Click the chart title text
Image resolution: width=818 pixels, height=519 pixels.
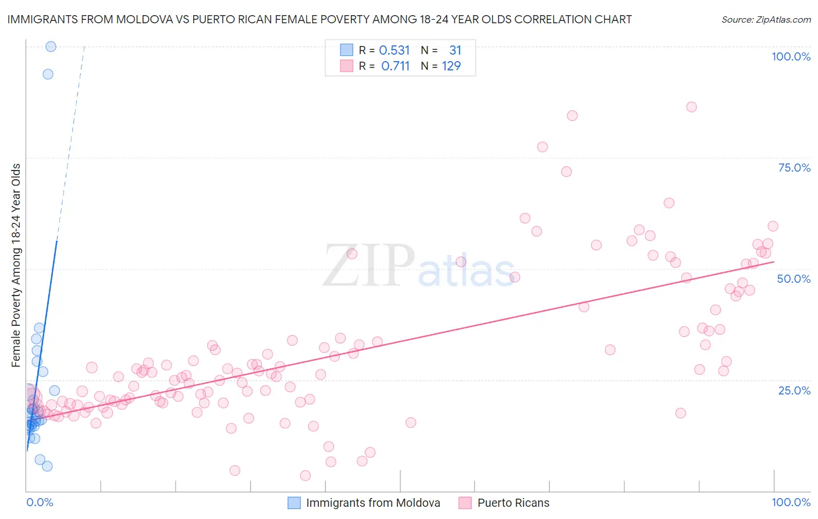(x=319, y=20)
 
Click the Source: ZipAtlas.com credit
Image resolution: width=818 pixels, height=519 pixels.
(x=766, y=20)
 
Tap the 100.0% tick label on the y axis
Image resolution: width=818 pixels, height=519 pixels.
(x=791, y=56)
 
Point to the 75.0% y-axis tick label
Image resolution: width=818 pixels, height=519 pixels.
(x=794, y=168)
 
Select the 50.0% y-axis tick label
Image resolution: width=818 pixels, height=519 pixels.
(x=794, y=279)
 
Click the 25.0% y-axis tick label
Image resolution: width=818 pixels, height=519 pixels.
(x=794, y=390)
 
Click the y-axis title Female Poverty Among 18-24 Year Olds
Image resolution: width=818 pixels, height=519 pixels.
(x=16, y=265)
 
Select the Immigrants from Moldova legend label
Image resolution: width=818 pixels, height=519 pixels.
(x=373, y=503)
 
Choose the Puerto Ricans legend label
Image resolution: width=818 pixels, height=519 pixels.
(x=513, y=503)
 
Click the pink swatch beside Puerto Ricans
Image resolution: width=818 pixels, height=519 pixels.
(x=465, y=503)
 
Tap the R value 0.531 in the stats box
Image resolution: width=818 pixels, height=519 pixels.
(x=394, y=51)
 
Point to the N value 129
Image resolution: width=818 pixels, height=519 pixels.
(x=451, y=66)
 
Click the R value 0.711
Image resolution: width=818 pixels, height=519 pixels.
(x=396, y=66)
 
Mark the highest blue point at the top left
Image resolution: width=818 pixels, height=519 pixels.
(x=51, y=47)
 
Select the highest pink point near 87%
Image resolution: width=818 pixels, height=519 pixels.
(x=691, y=106)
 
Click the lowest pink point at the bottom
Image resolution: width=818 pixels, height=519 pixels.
(x=305, y=476)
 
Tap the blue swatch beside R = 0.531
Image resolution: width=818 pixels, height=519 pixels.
(x=346, y=50)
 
